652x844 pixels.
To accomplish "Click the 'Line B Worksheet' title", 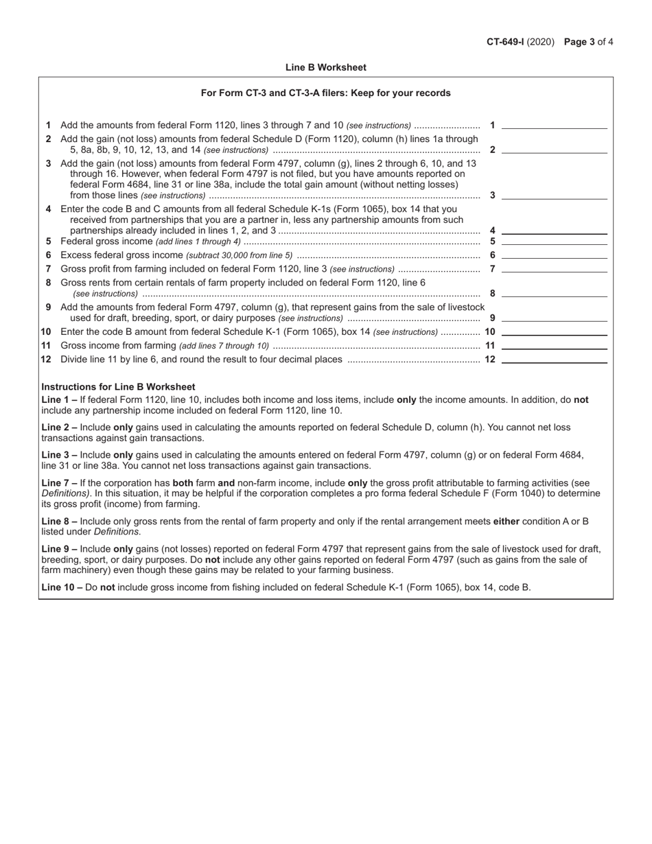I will tap(326, 67).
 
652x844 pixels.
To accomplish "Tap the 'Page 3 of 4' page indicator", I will tap(588, 42).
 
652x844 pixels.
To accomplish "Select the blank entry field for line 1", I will tap(555, 125).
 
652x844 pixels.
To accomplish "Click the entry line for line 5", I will tap(555, 241).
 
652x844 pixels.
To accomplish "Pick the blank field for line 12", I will tap(555, 359).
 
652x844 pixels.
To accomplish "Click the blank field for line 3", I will tap(555, 195).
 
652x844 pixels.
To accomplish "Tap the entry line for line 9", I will tap(555, 318).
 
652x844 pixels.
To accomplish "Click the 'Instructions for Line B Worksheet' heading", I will tap(118, 386).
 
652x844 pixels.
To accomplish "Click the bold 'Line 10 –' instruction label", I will tap(62, 587).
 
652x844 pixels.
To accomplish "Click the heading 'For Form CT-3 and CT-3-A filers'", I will tap(326, 93).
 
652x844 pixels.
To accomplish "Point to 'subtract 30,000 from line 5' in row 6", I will tap(239, 255).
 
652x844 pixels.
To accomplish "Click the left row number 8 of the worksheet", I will tap(48, 283).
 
